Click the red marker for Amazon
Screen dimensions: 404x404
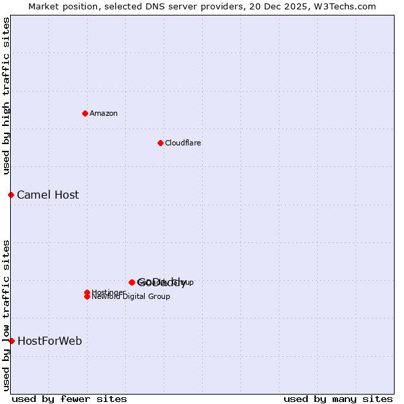coord(85,113)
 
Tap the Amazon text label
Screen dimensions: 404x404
coord(104,114)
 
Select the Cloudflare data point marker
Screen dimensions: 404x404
coord(160,143)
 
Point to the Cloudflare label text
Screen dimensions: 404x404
coord(183,143)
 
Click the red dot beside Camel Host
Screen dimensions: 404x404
coord(11,195)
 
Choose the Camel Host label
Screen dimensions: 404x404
coord(48,195)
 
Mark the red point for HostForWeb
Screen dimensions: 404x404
coord(11,341)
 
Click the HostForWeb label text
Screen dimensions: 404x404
coord(50,341)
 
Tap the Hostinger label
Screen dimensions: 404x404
coord(108,292)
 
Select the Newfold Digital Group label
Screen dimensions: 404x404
coord(131,297)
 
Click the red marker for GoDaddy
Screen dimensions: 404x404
coord(132,283)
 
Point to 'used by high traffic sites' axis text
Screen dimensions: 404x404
coord(6,96)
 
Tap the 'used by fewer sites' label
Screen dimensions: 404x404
coord(69,399)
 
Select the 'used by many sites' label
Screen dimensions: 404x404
coord(338,399)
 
